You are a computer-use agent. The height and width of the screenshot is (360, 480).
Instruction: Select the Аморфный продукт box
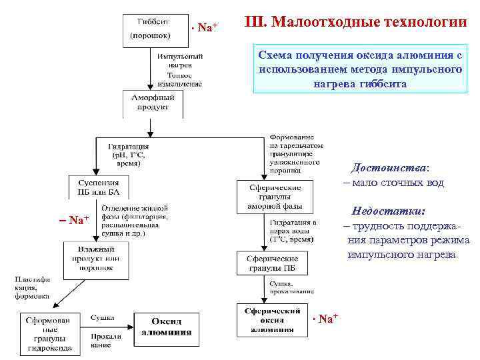(x=153, y=103)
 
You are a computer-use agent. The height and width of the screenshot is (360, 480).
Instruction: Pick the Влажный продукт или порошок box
(x=96, y=260)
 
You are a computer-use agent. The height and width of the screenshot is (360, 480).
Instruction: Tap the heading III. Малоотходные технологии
(x=356, y=23)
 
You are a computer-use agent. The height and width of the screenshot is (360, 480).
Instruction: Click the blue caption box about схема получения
(x=361, y=69)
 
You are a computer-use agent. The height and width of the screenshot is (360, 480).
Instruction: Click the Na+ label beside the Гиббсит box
(x=205, y=28)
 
